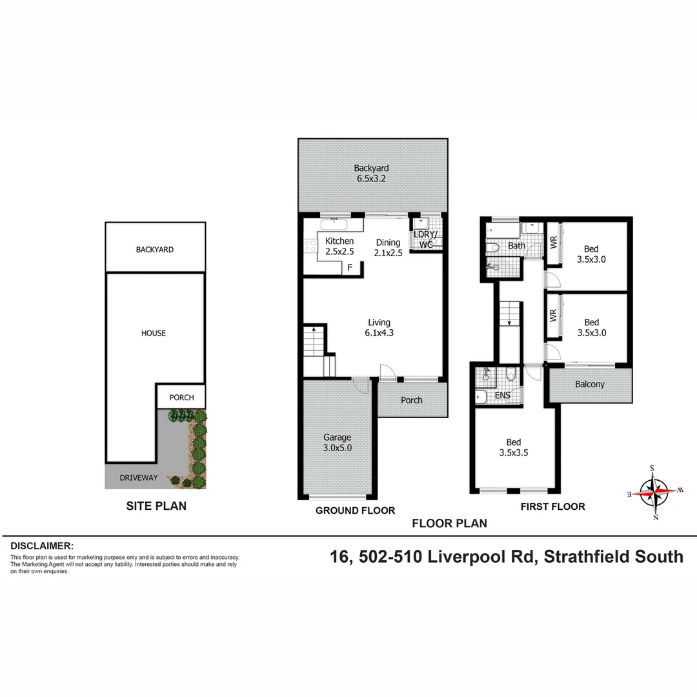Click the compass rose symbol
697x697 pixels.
(655, 492)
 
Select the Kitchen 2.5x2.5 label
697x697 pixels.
(339, 246)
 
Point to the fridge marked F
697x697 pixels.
(350, 267)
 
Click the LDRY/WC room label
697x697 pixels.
(425, 239)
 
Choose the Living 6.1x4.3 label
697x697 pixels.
(379, 328)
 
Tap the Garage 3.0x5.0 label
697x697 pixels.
(337, 443)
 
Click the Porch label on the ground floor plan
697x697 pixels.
(412, 400)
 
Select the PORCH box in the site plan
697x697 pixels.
(181, 398)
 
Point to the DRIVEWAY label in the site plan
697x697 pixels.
(138, 478)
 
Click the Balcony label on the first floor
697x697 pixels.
(590, 385)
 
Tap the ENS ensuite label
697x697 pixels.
(503, 396)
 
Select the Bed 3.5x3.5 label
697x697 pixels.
(513, 447)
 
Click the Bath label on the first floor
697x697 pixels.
(516, 246)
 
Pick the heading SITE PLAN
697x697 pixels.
(156, 506)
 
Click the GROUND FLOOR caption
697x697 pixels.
(355, 510)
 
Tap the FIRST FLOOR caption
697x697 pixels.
(552, 507)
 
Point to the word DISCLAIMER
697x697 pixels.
(42, 546)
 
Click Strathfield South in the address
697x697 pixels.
(613, 556)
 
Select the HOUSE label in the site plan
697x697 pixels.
(154, 333)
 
